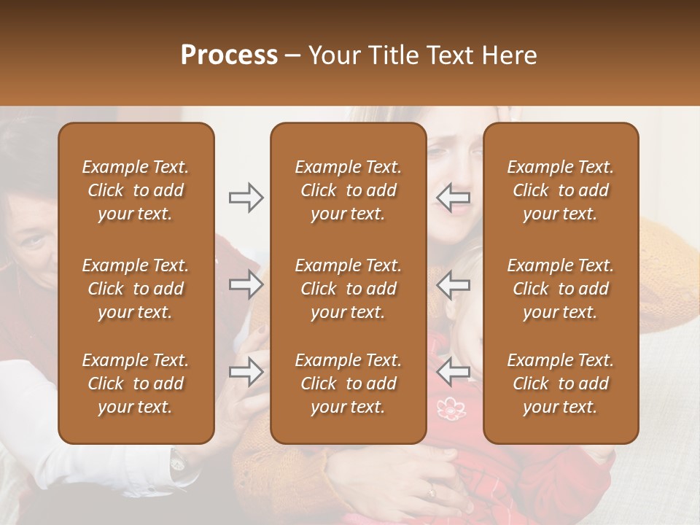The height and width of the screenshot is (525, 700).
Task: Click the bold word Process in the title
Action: [229, 55]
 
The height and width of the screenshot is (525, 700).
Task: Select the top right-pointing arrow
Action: [246, 198]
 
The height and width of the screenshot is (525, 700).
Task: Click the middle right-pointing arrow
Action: [246, 284]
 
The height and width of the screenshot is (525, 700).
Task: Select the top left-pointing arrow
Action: [454, 198]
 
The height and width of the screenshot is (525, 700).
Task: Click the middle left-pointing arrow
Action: [454, 284]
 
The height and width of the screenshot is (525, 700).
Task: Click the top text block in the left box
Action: [136, 190]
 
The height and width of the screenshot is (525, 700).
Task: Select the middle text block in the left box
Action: [136, 289]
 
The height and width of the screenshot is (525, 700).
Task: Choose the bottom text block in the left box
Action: [136, 384]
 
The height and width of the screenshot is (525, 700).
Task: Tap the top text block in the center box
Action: [348, 190]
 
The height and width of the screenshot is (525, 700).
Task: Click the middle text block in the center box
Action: [348, 289]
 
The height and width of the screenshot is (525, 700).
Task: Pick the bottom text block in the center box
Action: [348, 384]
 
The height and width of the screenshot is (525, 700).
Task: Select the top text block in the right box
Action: [560, 190]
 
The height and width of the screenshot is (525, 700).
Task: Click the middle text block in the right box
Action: [560, 289]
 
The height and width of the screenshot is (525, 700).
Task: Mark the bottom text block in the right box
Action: [560, 384]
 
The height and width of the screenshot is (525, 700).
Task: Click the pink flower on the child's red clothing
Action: [451, 408]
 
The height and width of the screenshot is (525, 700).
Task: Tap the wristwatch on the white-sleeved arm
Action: [178, 459]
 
